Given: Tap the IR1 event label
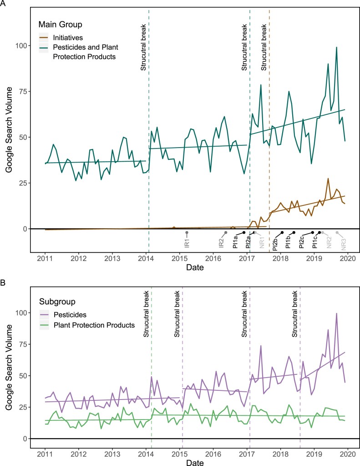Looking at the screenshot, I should pos(187,240).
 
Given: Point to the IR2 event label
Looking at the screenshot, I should pos(222,240).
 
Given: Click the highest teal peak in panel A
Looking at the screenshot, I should pos(336,47).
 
